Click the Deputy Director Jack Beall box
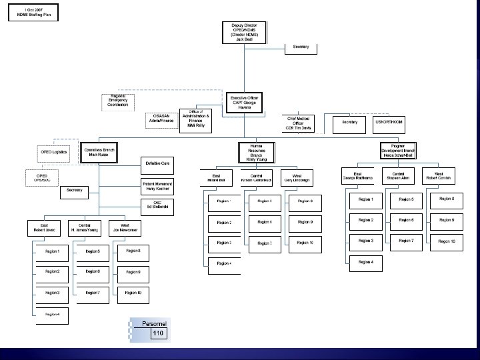245,31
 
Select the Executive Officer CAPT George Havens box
245,102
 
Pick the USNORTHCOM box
388,122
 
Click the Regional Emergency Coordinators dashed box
118,100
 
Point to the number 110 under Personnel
158,333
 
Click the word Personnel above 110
154,323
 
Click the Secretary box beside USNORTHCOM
350,122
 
